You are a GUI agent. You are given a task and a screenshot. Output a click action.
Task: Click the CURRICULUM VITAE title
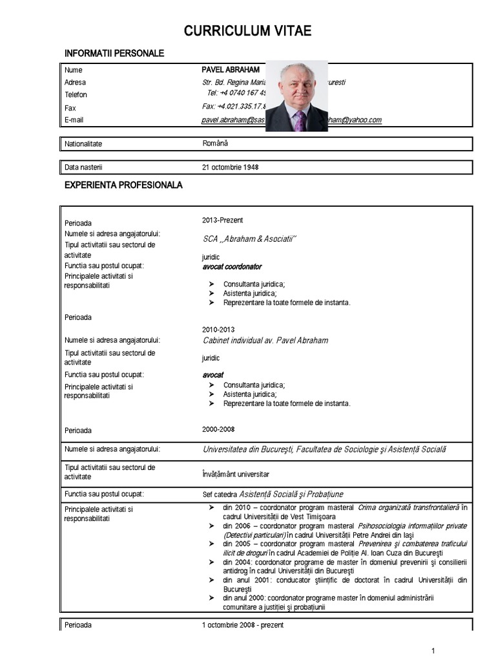coord(247,31)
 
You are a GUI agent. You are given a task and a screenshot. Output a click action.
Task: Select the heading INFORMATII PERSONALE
coord(114,53)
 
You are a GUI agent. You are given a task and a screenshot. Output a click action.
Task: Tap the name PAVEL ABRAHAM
coord(231,69)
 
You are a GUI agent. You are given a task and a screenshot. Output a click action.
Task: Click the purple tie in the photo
coord(299,120)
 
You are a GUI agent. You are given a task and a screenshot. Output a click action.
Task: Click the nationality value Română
coord(215,143)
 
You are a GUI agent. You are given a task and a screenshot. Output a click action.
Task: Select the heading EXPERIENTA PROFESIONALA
coord(123,185)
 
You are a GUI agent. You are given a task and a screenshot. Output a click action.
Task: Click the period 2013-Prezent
coord(222,220)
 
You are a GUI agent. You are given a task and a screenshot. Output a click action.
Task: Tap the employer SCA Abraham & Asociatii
coord(249,239)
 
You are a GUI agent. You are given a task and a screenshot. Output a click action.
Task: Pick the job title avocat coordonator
coord(232,266)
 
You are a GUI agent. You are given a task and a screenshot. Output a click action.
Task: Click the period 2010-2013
coord(218,329)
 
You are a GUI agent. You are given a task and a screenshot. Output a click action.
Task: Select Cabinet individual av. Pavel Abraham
coord(265,340)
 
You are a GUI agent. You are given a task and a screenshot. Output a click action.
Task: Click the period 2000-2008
coord(218,429)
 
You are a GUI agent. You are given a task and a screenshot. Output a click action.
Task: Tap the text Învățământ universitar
coord(235,474)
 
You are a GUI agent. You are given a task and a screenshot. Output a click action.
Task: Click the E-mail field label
coord(74,120)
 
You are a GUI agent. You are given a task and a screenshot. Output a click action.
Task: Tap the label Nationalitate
coord(83,144)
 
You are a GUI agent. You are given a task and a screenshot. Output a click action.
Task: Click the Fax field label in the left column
coord(70,108)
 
